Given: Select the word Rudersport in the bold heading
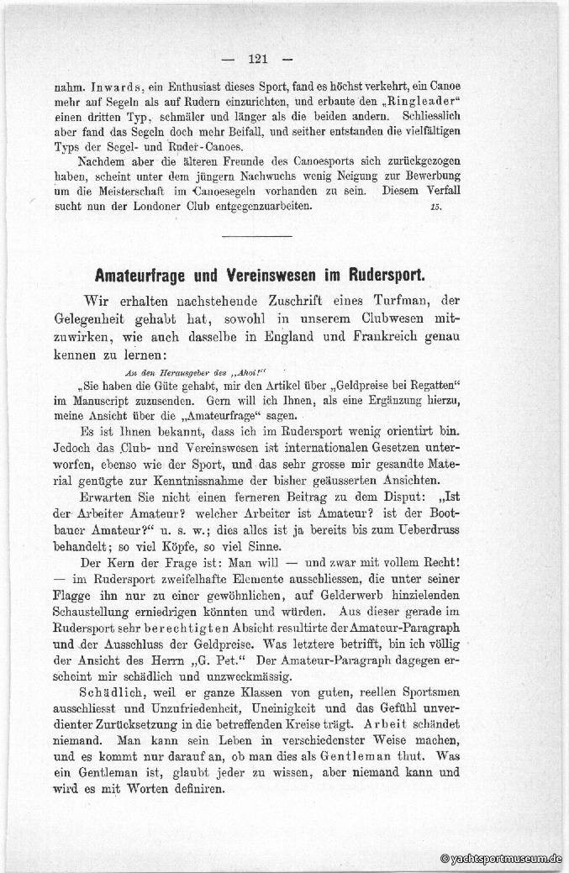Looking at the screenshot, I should [377, 274].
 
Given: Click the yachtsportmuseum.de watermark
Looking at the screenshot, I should [503, 860].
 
